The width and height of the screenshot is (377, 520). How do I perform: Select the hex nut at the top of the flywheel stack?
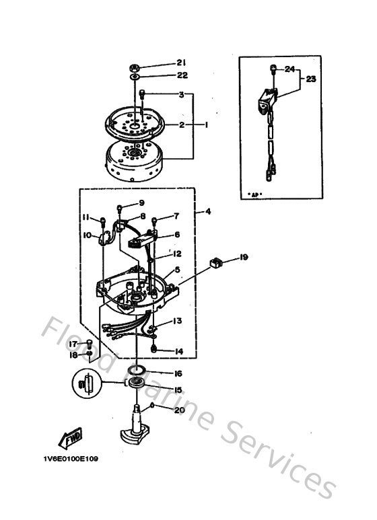tap(135, 67)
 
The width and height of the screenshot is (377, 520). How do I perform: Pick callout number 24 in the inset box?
tap(289, 69)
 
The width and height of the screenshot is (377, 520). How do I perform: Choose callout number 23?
tap(310, 78)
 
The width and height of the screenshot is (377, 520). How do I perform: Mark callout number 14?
tap(178, 351)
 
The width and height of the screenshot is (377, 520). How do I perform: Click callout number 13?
tap(176, 322)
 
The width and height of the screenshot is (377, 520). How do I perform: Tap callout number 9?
tap(141, 203)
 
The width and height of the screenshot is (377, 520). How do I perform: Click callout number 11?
tap(87, 217)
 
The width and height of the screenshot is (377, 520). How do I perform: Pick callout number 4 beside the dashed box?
tap(208, 212)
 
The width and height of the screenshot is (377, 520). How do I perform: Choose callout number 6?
tap(177, 235)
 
